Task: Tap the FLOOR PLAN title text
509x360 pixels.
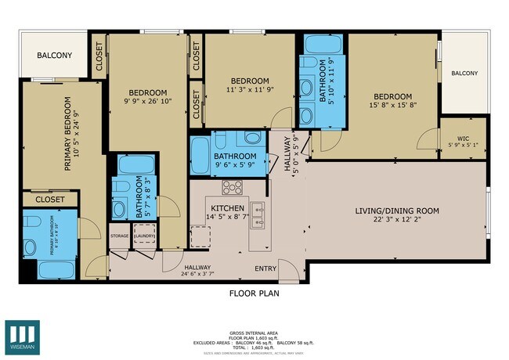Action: pyautogui.click(x=254, y=294)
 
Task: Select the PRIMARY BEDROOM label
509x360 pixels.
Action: pyautogui.click(x=67, y=134)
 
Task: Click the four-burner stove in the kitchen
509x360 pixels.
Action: pyautogui.click(x=232, y=187)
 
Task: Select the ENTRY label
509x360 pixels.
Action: pyautogui.click(x=266, y=268)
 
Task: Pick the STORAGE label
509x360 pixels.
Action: pyautogui.click(x=119, y=235)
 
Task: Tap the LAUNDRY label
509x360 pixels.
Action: pyautogui.click(x=145, y=235)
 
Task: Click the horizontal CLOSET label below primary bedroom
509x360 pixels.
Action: pyautogui.click(x=50, y=200)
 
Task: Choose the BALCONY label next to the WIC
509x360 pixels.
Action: pyautogui.click(x=464, y=73)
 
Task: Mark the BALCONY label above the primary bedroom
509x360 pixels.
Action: pyautogui.click(x=55, y=56)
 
